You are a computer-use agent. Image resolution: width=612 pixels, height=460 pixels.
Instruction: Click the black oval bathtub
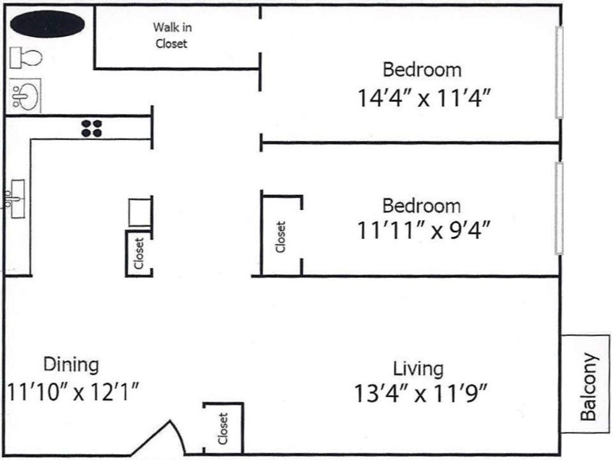(x=47, y=24)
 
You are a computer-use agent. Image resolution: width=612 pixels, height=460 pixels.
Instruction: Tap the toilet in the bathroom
(x=26, y=58)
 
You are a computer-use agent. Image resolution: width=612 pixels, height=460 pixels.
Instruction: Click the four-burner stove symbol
(x=91, y=128)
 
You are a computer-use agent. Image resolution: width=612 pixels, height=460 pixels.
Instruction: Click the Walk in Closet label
(x=172, y=35)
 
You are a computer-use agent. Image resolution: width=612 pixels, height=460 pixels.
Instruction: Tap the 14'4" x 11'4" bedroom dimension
(x=423, y=98)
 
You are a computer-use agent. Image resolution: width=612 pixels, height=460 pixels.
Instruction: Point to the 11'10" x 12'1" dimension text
(x=73, y=392)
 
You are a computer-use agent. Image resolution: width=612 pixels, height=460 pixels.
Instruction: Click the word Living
(x=418, y=369)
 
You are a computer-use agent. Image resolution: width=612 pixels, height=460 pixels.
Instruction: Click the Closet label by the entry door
(x=223, y=428)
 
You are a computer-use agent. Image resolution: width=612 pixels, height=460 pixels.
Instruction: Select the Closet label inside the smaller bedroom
(x=280, y=237)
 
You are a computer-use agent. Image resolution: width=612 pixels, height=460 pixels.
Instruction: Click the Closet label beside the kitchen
(x=139, y=253)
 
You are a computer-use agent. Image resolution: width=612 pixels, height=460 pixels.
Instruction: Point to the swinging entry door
(x=158, y=438)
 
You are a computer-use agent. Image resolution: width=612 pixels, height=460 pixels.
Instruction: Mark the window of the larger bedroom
(x=559, y=72)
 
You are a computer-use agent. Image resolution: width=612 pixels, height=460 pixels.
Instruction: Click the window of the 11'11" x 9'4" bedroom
(x=559, y=208)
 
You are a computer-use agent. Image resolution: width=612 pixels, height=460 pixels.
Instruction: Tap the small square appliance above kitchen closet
(x=140, y=212)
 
